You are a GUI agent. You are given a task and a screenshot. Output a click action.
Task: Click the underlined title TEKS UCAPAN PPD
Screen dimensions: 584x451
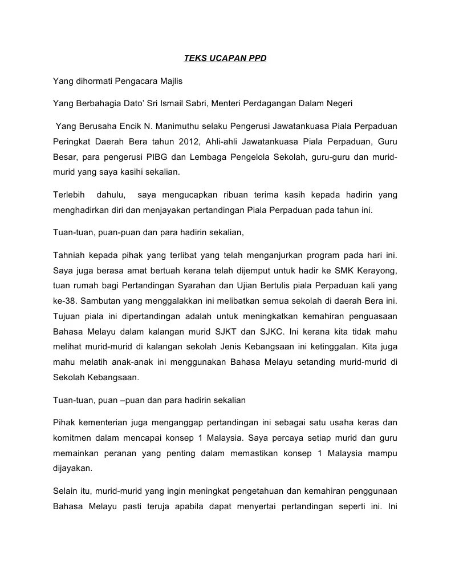tap(225, 58)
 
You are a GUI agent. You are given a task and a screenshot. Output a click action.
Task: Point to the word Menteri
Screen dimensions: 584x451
tap(226, 103)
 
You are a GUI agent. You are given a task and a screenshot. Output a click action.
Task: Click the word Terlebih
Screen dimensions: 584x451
tap(69, 195)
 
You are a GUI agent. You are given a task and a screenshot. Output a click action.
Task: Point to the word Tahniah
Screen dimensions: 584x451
tap(69, 255)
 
